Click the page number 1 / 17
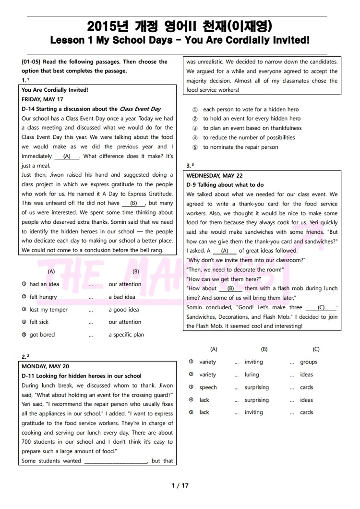tap(180, 485)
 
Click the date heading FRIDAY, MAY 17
tap(42, 99)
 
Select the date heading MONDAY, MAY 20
tap(45, 366)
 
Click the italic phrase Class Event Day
tap(140, 109)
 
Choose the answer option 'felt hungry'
tap(43, 297)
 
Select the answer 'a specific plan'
tap(126, 335)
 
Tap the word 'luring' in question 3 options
tap(252, 375)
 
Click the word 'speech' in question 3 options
tap(208, 387)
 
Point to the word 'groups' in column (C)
tap(309, 362)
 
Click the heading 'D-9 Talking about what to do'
tap(225, 185)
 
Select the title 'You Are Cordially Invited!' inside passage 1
tap(55, 90)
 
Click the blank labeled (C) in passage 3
tap(321, 307)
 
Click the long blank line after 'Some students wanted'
tap(116, 461)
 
